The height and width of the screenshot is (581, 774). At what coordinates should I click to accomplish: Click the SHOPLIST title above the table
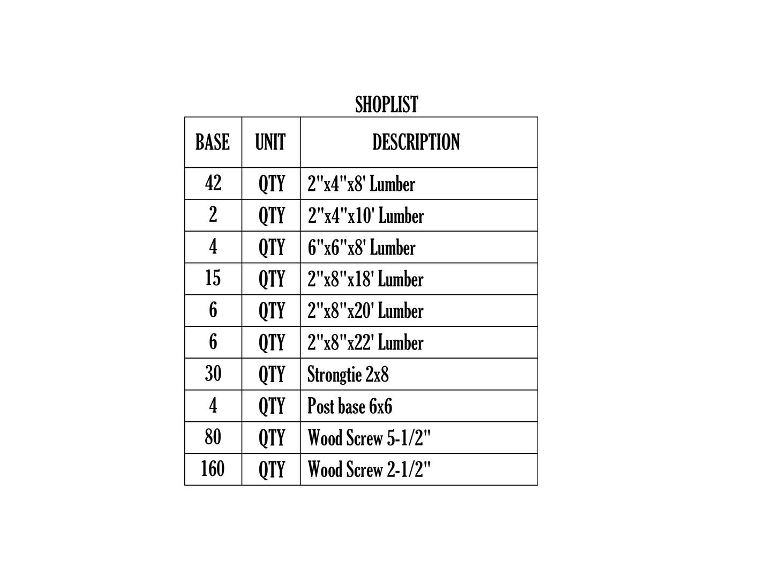coord(387,104)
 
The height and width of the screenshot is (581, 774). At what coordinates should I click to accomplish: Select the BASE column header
coord(213,142)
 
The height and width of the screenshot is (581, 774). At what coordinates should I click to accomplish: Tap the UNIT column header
coord(270,142)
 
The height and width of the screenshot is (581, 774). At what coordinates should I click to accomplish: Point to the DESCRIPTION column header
coord(416,142)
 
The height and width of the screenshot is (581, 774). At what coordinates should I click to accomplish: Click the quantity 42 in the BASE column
coord(213,183)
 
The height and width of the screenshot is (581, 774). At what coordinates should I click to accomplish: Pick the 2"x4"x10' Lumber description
coord(366,215)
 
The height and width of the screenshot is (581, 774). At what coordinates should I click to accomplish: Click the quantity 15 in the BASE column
coord(213,278)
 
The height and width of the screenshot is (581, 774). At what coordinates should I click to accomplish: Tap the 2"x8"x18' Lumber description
coord(365,279)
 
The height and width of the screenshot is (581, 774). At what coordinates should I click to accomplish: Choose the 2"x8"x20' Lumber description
coord(365,311)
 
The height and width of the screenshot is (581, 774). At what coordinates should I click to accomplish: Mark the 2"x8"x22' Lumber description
coord(365,342)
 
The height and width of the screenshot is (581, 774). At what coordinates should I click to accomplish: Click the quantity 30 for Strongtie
coord(213,373)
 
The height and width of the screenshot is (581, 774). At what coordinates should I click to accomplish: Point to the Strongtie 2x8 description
coord(348,374)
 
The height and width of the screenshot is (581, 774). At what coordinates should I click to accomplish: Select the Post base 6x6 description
coord(349,406)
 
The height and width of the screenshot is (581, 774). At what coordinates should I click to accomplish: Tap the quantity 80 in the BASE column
coord(213,437)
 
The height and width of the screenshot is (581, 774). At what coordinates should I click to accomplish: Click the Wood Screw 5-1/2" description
coord(369,438)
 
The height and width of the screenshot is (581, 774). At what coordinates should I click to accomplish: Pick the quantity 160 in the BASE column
coord(213,468)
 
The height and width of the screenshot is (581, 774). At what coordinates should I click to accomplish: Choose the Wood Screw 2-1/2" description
coord(369,470)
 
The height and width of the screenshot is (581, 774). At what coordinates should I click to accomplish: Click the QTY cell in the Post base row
coord(271,406)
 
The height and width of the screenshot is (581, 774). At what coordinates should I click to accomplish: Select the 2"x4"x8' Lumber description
coord(361,184)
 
